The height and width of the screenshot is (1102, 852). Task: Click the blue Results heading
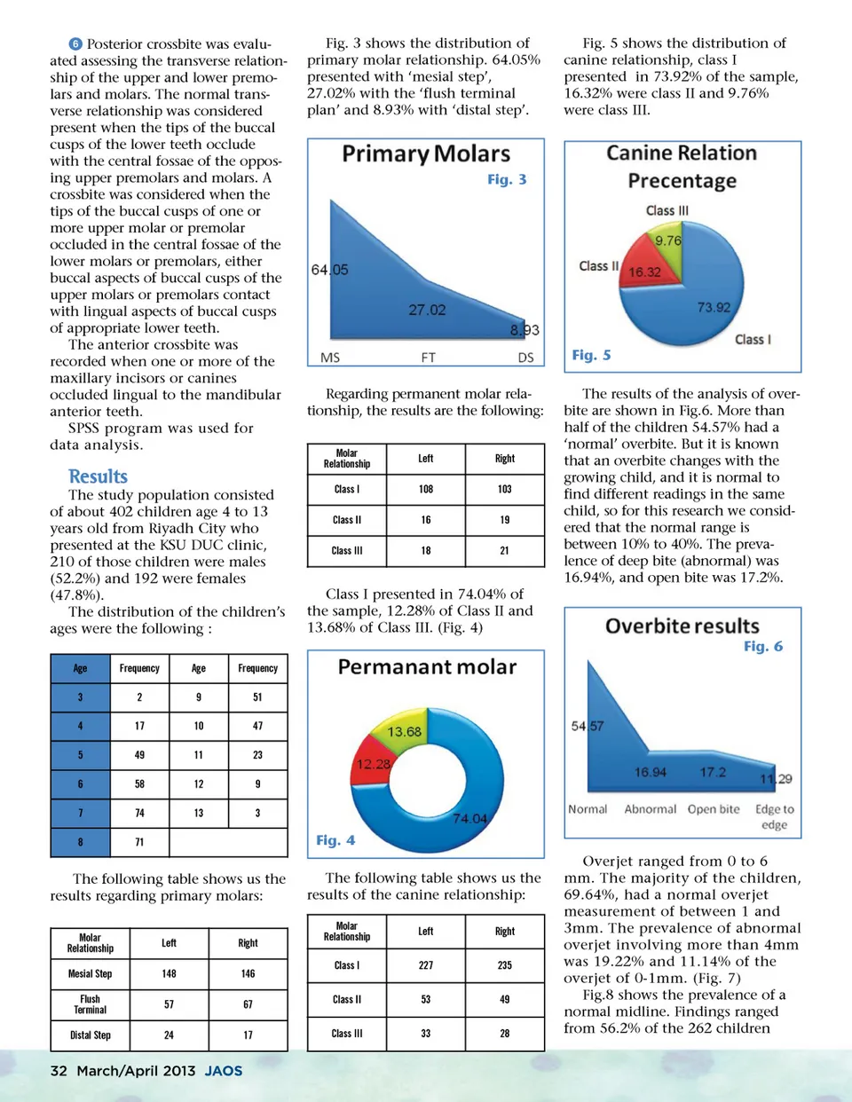click(98, 476)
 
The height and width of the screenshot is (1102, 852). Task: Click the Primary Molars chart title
click(426, 154)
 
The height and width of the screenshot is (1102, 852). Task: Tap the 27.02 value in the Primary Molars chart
click(427, 310)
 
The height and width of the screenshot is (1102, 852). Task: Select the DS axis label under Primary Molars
click(525, 358)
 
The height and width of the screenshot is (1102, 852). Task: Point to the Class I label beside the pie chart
click(753, 339)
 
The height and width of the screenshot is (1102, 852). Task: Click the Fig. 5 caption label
click(591, 355)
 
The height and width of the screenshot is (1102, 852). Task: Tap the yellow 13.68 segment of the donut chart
click(404, 730)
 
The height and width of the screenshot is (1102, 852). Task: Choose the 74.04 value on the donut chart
click(469, 818)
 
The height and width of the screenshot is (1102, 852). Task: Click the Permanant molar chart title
click(427, 667)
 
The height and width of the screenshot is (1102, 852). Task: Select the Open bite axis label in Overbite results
click(713, 809)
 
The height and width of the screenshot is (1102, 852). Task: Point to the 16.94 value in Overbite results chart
click(650, 772)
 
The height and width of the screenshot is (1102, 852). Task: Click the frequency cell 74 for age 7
click(139, 813)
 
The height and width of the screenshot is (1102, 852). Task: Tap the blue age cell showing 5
click(80, 755)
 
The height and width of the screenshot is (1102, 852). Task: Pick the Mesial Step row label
click(90, 973)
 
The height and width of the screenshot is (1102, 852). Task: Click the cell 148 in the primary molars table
click(169, 973)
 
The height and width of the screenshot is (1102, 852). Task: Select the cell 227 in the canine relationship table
click(426, 965)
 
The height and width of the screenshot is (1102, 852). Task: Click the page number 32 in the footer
click(59, 1071)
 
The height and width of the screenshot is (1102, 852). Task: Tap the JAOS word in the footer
click(224, 1071)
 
